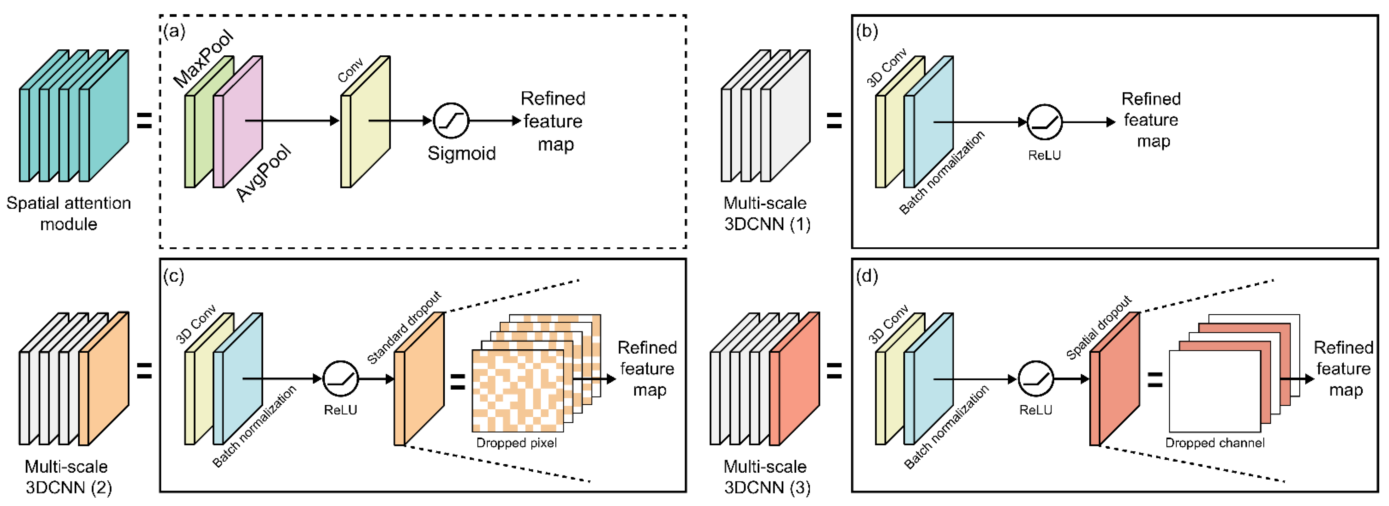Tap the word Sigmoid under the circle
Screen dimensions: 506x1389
pos(462,154)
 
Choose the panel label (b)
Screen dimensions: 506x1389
pos(866,32)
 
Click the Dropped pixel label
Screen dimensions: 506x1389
pos(516,443)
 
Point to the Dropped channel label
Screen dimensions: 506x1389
pos(1214,443)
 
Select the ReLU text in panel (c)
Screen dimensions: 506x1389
pos(340,410)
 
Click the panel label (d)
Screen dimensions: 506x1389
pos(866,276)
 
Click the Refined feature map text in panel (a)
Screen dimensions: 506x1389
pos(553,121)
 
